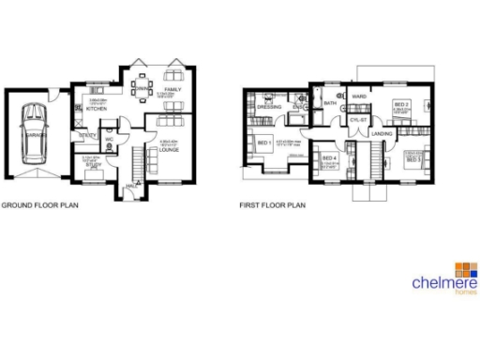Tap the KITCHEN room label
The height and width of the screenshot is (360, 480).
pyautogui.click(x=96, y=110)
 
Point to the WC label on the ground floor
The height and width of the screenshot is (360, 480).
pyautogui.click(x=109, y=141)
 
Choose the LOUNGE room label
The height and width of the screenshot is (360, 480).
pyautogui.click(x=169, y=148)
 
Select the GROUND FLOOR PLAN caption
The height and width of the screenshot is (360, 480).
pyautogui.click(x=38, y=204)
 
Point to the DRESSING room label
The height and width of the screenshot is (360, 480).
pyautogui.click(x=266, y=107)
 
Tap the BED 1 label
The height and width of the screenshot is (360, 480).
pyautogui.click(x=263, y=142)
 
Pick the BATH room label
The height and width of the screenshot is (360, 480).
pyautogui.click(x=330, y=103)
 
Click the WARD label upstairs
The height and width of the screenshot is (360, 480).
pyautogui.click(x=357, y=96)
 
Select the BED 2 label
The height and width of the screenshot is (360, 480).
pyautogui.click(x=400, y=104)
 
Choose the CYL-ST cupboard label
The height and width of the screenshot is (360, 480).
pyautogui.click(x=358, y=120)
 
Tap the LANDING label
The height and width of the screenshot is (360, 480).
pyautogui.click(x=382, y=134)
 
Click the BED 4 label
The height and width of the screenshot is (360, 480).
pyautogui.click(x=329, y=157)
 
